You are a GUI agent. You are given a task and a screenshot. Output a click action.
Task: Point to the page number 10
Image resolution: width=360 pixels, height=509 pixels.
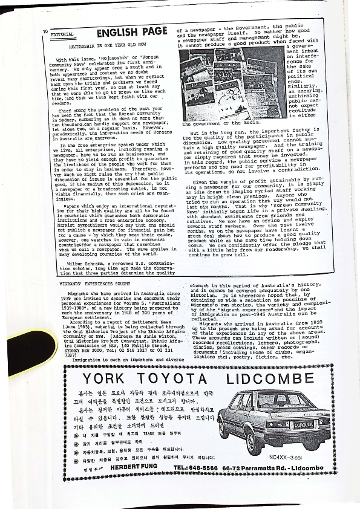click(45, 30)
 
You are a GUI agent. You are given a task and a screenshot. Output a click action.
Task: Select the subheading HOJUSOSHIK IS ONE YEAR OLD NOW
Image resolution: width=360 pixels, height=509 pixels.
click(105, 45)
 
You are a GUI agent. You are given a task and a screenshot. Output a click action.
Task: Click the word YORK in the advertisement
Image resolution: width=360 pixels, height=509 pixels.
click(103, 380)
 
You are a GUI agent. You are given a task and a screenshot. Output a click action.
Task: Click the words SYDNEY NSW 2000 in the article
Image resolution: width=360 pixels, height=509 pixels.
click(77, 349)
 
